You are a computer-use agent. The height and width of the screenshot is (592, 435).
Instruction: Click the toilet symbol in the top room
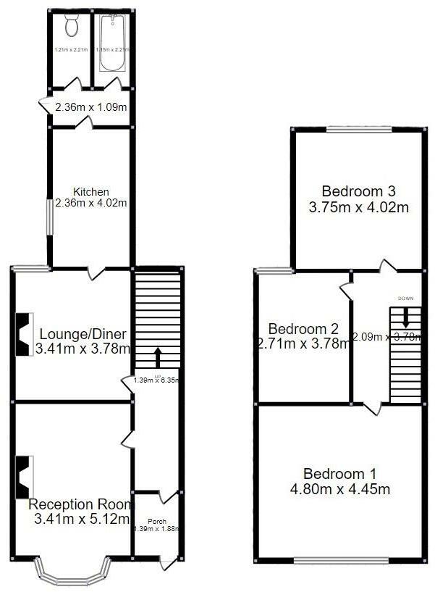click(x=71, y=27)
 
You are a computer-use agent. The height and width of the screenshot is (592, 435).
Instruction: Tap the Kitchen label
click(x=91, y=192)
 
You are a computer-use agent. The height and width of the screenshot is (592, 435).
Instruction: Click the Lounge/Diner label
click(x=83, y=335)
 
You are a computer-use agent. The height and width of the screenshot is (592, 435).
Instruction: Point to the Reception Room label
click(x=80, y=504)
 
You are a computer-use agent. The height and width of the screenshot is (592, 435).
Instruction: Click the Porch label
click(x=157, y=520)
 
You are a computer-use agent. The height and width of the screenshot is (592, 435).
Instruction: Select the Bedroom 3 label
click(x=359, y=192)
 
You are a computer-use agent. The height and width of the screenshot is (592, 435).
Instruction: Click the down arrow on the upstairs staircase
click(x=405, y=317)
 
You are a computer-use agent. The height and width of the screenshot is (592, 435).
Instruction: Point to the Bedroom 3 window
click(x=360, y=131)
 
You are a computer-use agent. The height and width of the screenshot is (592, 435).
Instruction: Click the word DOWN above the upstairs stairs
click(x=405, y=299)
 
